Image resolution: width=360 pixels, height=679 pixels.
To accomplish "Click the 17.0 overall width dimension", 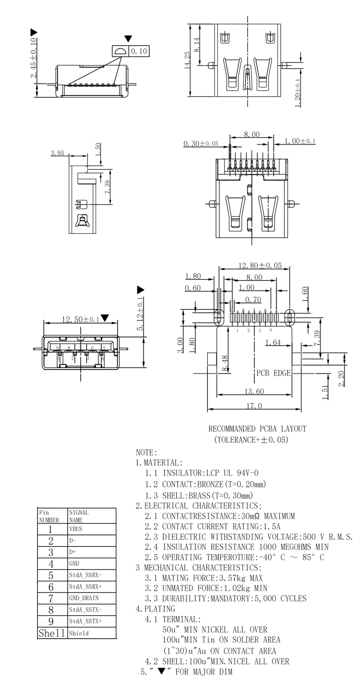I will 254,406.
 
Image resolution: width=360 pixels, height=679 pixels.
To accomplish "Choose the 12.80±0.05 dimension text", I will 260,265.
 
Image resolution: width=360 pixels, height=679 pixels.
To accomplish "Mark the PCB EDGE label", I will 273,373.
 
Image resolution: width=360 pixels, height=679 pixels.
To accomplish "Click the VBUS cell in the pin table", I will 76,529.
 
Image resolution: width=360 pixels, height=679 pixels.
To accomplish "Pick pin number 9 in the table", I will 51,621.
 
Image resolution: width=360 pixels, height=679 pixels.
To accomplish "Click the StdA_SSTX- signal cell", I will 85,610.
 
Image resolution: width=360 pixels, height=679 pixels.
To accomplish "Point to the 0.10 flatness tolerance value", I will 140,51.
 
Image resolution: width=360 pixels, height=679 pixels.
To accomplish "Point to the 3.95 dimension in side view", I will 57,153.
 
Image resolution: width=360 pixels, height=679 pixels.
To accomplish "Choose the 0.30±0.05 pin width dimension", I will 201,144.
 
